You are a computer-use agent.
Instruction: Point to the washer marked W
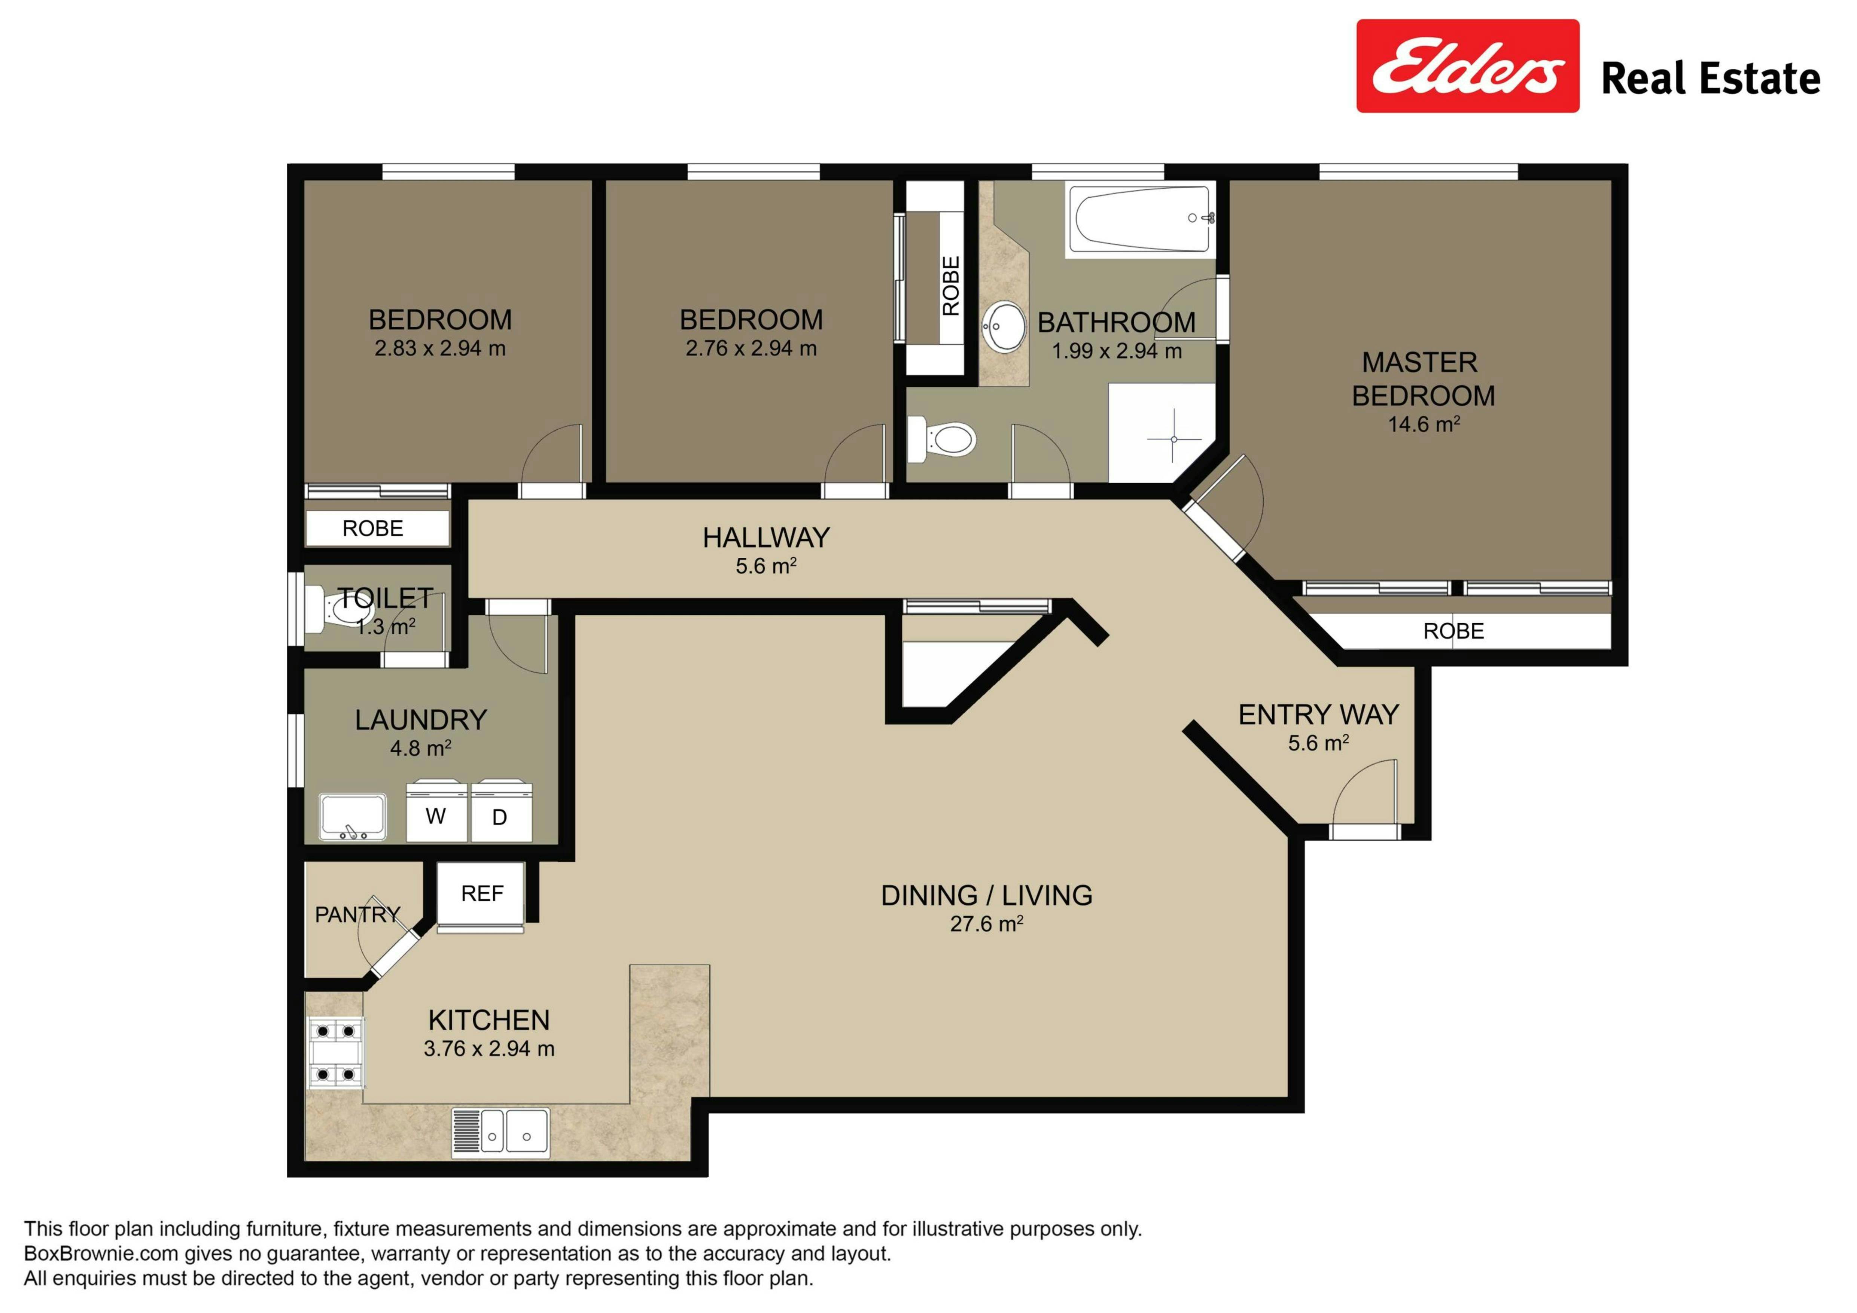tap(437, 811)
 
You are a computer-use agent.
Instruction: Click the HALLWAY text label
tap(766, 537)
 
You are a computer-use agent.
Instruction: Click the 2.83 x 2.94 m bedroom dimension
tap(440, 348)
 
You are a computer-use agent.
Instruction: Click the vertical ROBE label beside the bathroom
tap(951, 286)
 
